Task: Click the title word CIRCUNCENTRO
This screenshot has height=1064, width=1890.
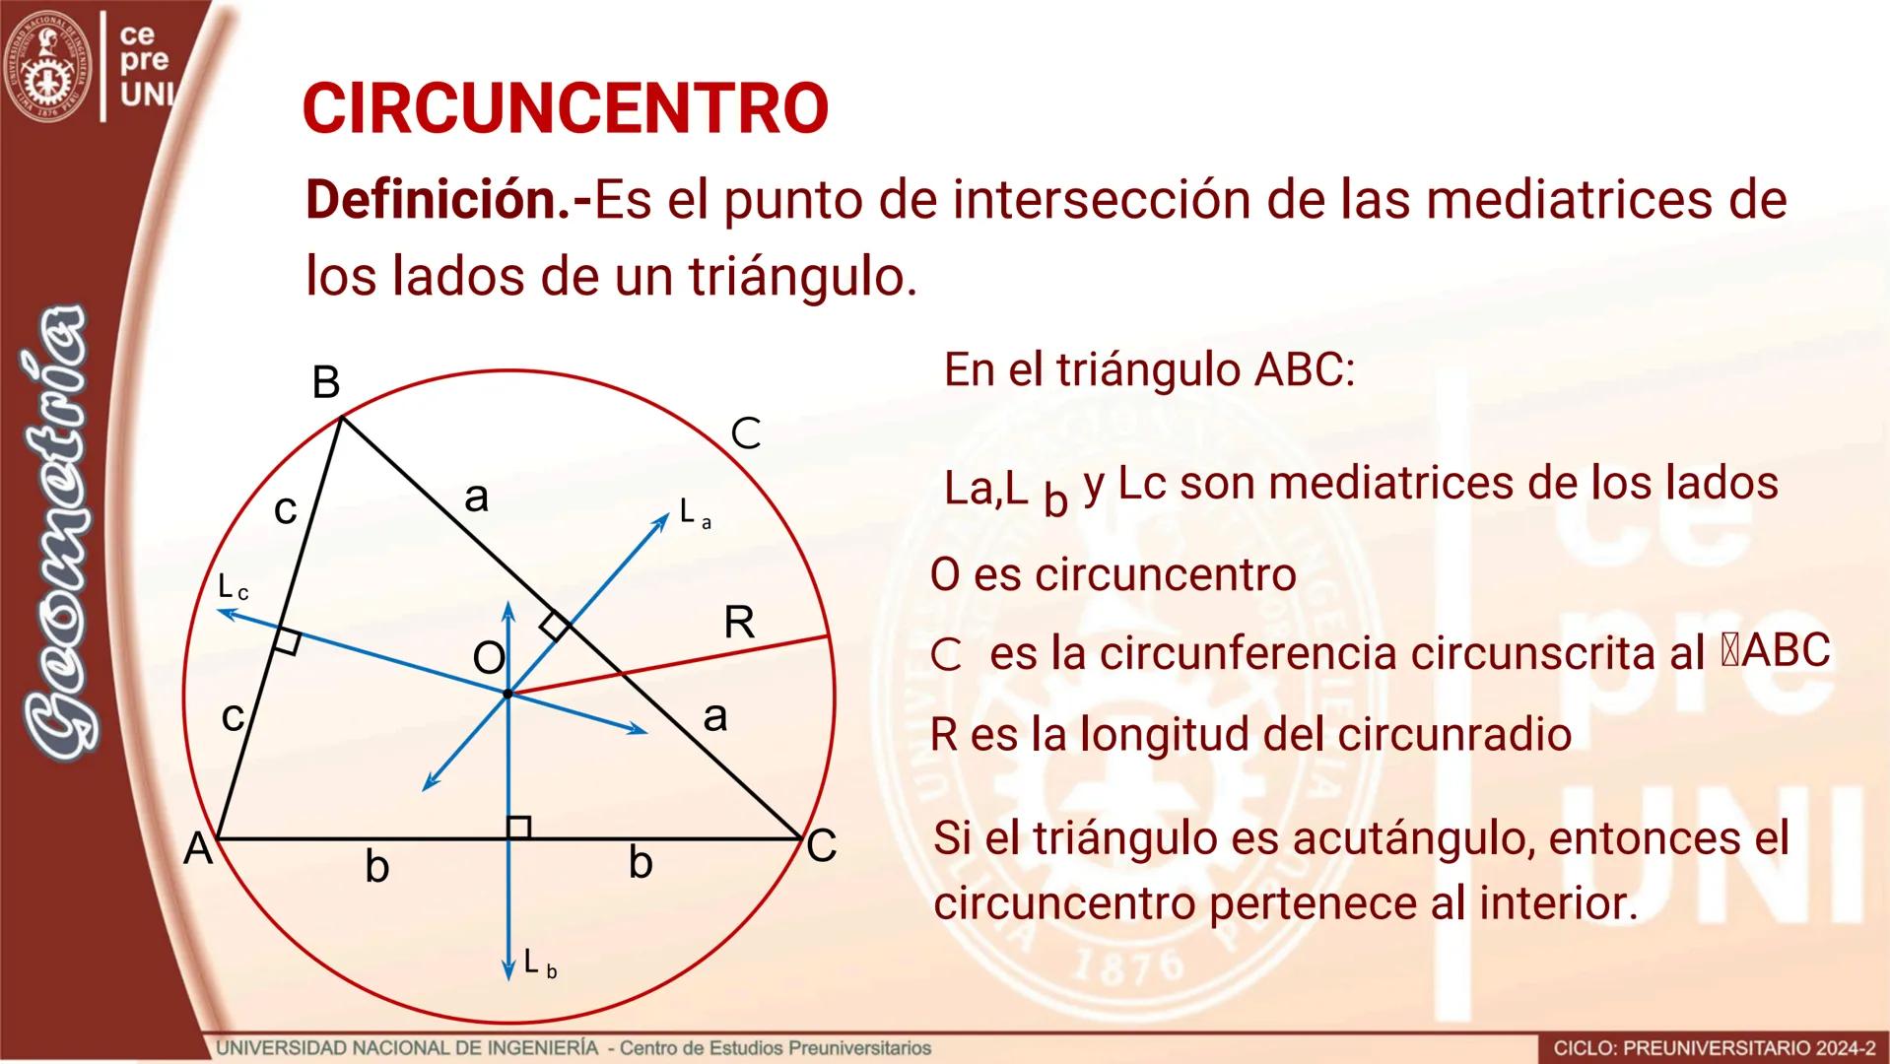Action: click(565, 108)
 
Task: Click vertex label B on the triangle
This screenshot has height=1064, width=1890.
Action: click(326, 383)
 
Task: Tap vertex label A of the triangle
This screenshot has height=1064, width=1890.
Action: click(198, 848)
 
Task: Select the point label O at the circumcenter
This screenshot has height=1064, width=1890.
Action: click(489, 658)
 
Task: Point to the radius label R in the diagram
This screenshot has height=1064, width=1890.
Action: click(739, 623)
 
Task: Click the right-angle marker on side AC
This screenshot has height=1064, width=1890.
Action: click(518, 828)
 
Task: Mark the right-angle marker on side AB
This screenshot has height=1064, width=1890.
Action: click(287, 640)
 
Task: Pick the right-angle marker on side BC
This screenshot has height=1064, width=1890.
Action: click(555, 625)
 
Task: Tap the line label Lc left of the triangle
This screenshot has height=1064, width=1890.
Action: click(233, 588)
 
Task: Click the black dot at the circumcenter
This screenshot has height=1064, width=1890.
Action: click(507, 695)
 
